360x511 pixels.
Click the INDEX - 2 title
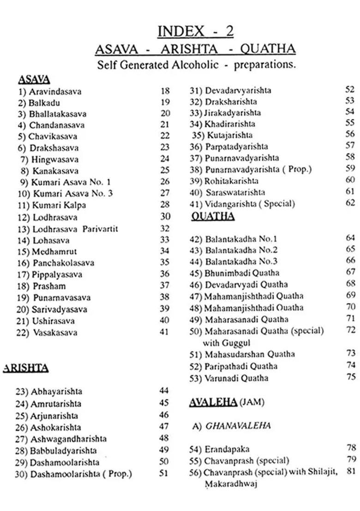195,31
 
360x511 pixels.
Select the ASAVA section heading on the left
34,79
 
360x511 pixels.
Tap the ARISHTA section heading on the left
26,368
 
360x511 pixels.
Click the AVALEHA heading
213,402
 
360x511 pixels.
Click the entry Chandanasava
57,125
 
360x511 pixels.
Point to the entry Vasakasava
55,333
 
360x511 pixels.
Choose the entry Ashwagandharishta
68,439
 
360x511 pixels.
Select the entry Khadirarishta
230,124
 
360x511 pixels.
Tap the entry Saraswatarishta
235,192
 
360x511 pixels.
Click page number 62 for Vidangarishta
350,202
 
